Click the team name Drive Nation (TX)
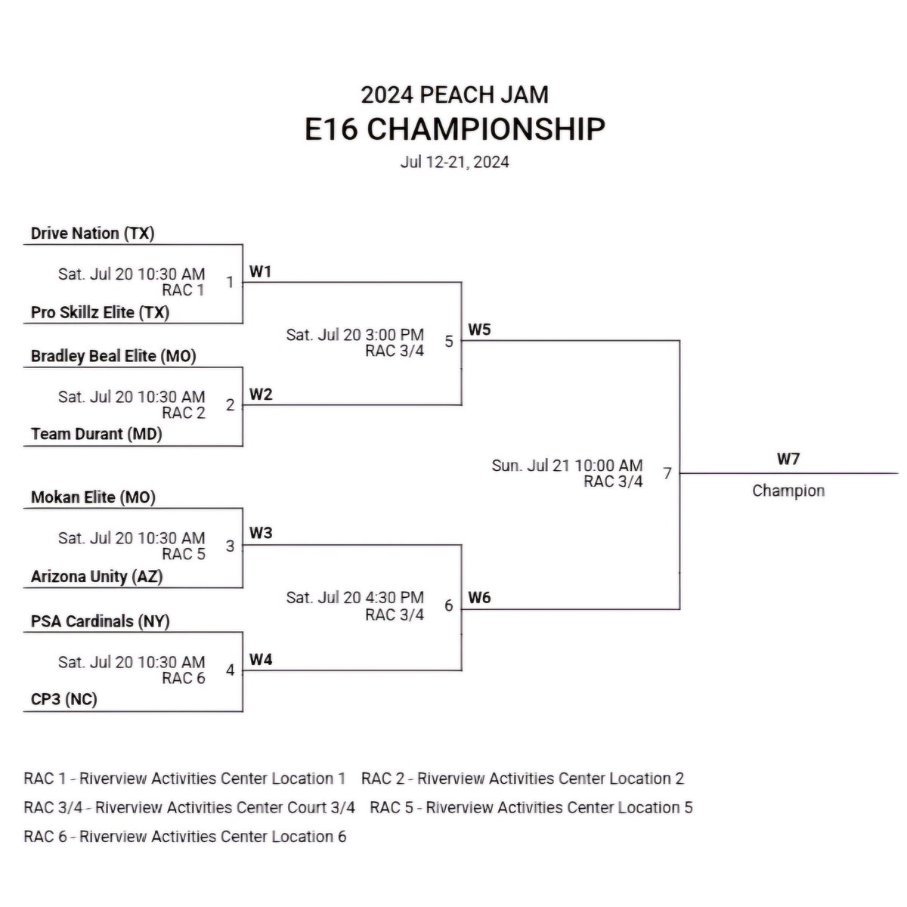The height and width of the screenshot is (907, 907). [x=92, y=233]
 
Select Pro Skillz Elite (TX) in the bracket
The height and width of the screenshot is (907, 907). [x=100, y=312]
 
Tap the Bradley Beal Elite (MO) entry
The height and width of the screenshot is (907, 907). [x=113, y=356]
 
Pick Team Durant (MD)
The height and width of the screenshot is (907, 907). [x=96, y=434]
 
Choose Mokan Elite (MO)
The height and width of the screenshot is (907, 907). [x=93, y=497]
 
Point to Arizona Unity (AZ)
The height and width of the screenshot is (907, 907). [x=97, y=576]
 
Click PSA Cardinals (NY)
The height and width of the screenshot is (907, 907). [x=100, y=621]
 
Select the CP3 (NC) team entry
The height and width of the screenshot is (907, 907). [x=63, y=700]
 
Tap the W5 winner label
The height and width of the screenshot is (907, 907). [x=479, y=330]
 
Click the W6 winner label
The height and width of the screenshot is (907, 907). [x=479, y=598]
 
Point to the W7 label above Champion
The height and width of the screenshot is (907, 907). [x=788, y=459]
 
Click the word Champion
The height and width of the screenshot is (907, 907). [x=788, y=491]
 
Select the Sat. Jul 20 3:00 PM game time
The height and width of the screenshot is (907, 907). [x=354, y=334]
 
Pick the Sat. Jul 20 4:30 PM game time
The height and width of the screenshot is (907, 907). [x=354, y=598]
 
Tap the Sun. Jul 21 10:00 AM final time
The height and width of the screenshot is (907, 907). [x=567, y=466]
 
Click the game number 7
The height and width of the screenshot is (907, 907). [x=667, y=474]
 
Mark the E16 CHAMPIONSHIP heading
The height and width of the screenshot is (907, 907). [x=454, y=129]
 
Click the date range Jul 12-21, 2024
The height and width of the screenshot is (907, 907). [x=454, y=162]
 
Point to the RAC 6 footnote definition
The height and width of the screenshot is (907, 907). [x=185, y=837]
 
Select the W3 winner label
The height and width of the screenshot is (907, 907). [x=260, y=534]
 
